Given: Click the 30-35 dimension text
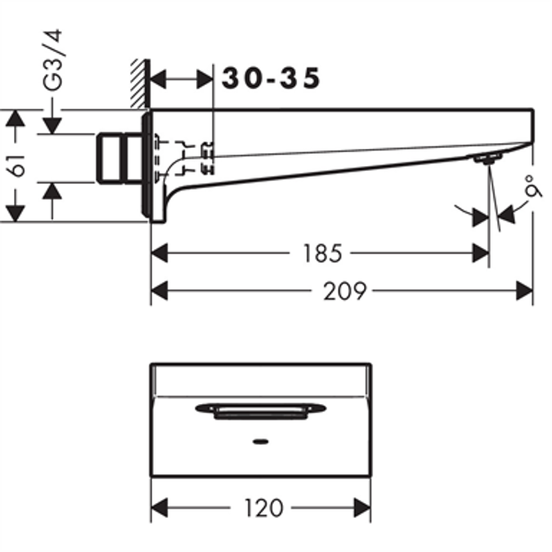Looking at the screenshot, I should point(271,79).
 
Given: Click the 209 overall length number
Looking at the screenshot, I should point(343,290).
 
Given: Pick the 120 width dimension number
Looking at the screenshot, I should point(263,508).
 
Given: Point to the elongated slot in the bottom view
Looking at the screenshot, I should point(260,409).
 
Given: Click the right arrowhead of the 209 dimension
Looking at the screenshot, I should point(523,290).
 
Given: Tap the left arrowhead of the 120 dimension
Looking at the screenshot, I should point(161,508).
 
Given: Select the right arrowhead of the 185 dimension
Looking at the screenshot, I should point(479,254).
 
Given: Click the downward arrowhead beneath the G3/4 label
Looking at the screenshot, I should point(52,124).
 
